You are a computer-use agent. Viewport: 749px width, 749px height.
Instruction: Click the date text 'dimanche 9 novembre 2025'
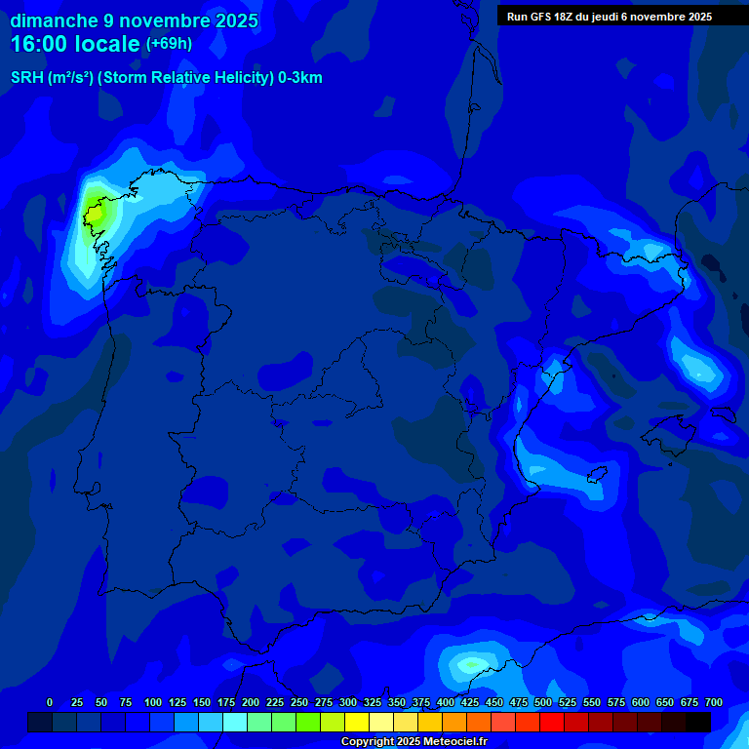pos(134,20)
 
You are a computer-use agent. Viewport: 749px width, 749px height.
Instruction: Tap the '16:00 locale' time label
pos(75,44)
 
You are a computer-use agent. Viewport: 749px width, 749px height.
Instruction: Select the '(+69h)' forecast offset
pos(169,44)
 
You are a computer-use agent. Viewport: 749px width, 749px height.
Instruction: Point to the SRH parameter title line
pos(166,78)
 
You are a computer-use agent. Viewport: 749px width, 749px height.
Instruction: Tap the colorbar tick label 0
pos(50,702)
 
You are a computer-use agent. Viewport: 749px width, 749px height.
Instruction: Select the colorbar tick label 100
pos(153,702)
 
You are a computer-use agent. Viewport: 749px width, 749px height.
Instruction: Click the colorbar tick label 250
pos(299,702)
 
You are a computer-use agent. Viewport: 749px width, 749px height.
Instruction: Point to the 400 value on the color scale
pos(446,702)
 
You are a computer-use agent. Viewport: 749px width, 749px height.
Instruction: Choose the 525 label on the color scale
pos(568,702)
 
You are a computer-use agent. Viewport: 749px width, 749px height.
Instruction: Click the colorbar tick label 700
pos(713,702)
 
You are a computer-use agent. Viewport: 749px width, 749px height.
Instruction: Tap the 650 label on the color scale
pos(664,702)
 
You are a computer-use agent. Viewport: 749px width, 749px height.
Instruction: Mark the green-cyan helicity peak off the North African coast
pos(471,665)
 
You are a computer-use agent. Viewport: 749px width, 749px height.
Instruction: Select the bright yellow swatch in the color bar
pos(357,722)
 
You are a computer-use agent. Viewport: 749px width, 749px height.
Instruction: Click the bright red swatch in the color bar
pos(552,722)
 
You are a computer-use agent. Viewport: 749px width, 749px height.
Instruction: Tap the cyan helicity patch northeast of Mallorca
pos(699,369)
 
